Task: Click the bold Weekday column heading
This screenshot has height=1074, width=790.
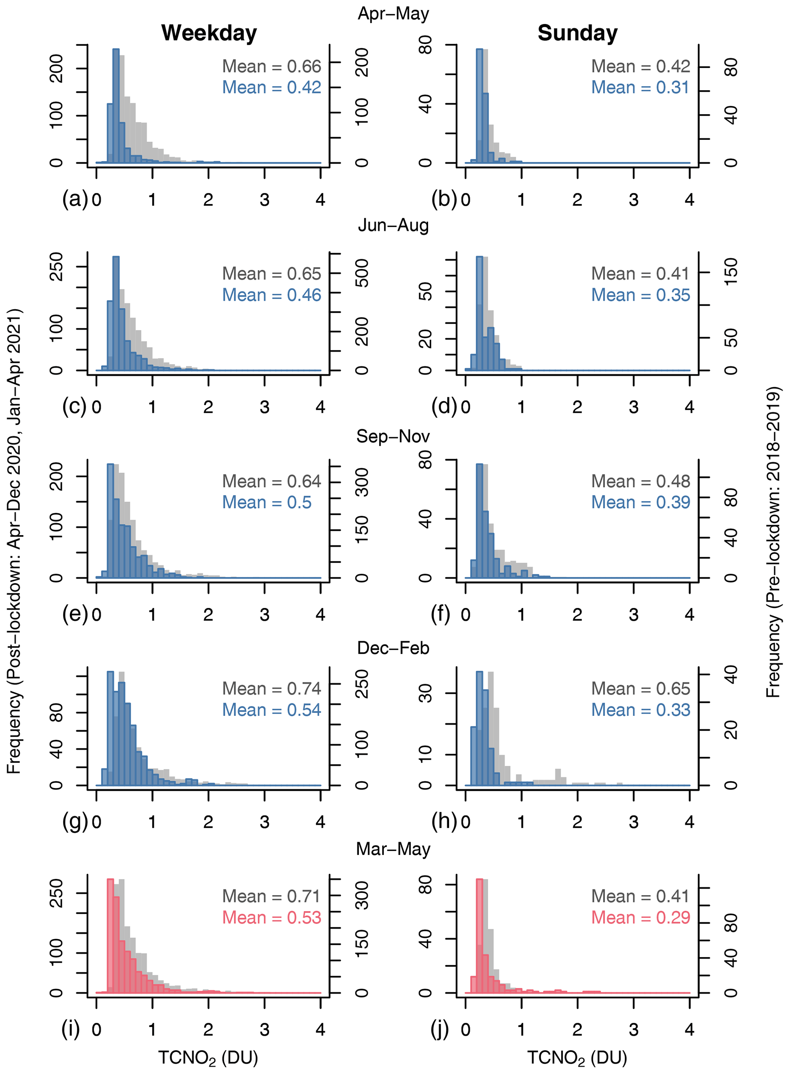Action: point(209,33)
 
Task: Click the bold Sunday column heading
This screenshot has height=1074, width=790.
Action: point(577,33)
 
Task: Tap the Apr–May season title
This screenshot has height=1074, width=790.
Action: point(393,13)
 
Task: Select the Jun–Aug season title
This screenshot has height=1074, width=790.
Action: point(393,225)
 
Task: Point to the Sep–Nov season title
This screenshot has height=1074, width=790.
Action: point(393,436)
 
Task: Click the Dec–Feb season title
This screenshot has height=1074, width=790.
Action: point(393,648)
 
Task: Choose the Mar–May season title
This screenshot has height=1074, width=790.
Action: point(393,849)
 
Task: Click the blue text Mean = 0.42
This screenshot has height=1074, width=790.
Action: point(272,88)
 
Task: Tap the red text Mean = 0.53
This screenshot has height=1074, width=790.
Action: point(272,917)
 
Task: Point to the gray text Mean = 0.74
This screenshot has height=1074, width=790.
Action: point(272,689)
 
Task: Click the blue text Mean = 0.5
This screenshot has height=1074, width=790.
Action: point(267,503)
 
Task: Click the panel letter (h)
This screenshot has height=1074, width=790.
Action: point(444,821)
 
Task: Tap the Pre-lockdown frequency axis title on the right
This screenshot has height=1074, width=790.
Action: point(773,540)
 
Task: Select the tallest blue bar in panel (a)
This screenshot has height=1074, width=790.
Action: point(116,105)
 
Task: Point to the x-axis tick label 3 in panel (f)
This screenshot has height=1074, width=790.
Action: point(633,615)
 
